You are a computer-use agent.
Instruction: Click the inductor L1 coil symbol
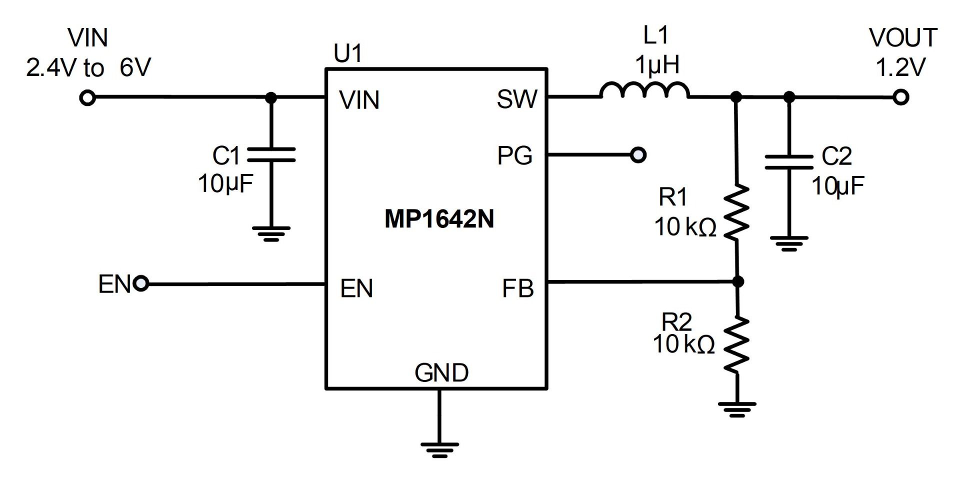coord(644,90)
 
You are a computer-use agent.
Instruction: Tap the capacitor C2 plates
coord(788,162)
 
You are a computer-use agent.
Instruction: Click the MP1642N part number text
coord(439,219)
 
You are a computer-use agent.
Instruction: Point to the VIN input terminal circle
coord(87,98)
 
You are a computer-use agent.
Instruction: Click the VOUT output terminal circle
coord(900,97)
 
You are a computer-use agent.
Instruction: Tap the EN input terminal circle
coord(141,284)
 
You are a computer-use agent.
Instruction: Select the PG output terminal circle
coord(638,155)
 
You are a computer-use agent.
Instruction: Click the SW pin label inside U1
coord(516,99)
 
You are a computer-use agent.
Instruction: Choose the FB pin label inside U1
coord(517,288)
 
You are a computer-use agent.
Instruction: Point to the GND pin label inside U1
coord(441,373)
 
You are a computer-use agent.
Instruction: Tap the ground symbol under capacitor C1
coord(271,233)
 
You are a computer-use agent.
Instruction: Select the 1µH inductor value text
coord(657,65)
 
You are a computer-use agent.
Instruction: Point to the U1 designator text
coord(347,53)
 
